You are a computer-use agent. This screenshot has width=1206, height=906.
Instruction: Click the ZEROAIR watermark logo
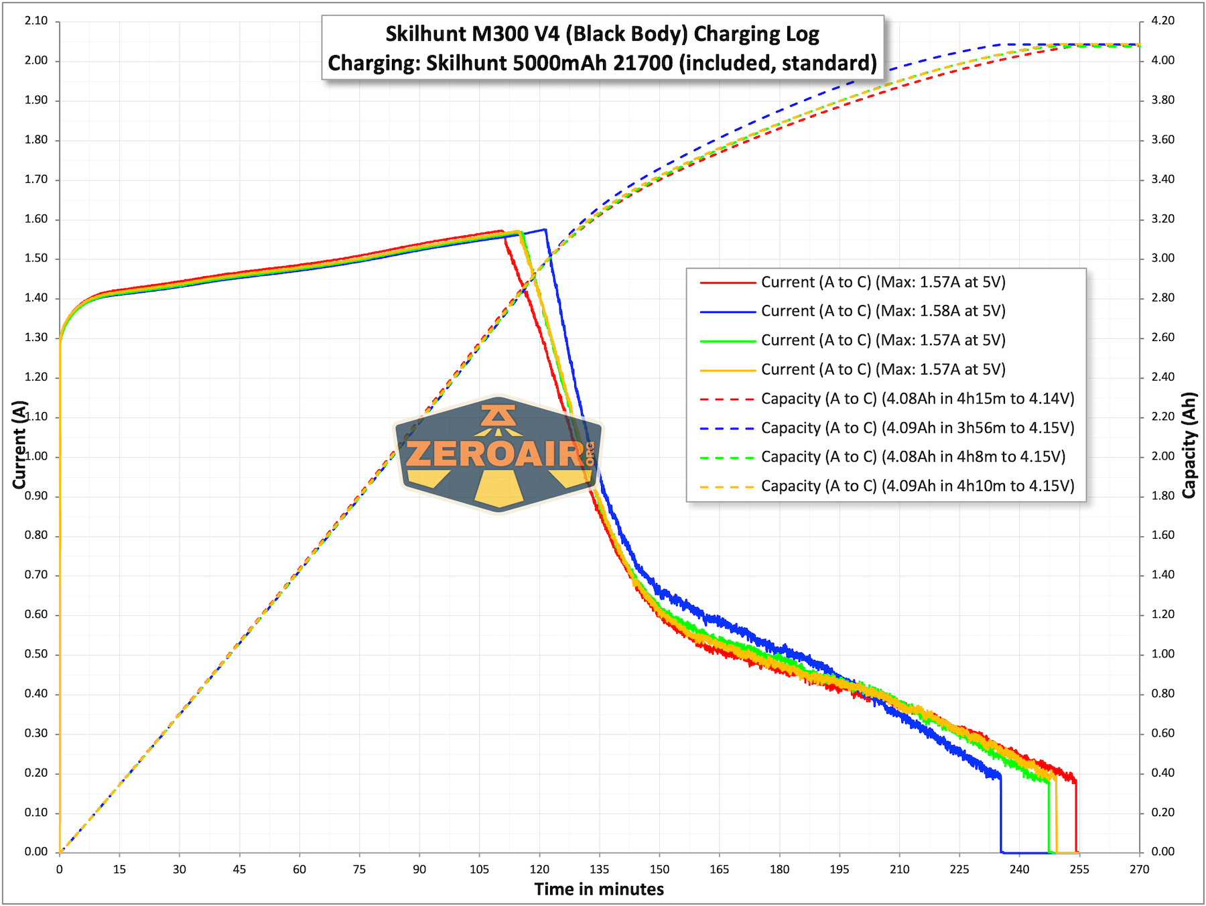[499, 454]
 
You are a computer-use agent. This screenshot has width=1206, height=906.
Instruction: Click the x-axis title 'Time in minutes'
[599, 889]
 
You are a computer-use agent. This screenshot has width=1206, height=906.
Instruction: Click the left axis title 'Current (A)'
[19, 444]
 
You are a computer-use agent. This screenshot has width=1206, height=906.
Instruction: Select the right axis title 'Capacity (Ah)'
[1189, 444]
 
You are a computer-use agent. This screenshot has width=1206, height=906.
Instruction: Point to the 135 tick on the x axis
[599, 869]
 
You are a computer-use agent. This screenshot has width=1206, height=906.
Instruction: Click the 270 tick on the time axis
[1139, 869]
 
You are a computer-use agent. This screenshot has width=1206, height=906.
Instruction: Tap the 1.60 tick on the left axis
[36, 219]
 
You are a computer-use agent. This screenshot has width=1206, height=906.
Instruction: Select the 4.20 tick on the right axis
[1162, 21]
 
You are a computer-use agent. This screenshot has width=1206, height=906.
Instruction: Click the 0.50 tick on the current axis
[36, 654]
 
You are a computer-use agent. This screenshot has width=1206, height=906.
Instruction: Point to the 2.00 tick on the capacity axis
[1162, 456]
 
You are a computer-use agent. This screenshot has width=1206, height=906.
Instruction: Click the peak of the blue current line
[545, 230]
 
